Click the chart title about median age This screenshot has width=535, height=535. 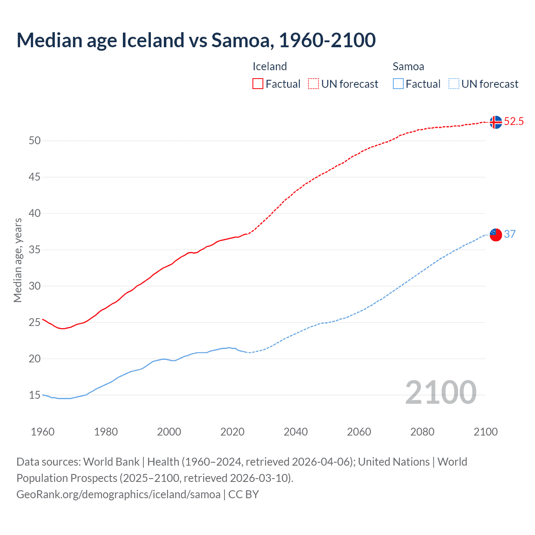(196, 40)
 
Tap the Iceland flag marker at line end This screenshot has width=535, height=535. (496, 122)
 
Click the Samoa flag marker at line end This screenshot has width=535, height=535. (496, 234)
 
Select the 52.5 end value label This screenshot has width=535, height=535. (514, 122)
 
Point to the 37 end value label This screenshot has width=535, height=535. (510, 234)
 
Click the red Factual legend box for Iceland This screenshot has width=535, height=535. (258, 84)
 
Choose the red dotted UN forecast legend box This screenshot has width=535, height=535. (313, 84)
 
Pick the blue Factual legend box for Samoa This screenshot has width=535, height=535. (398, 84)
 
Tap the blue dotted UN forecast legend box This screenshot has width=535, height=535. (454, 84)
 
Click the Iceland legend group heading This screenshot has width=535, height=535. (270, 66)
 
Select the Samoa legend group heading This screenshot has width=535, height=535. (408, 66)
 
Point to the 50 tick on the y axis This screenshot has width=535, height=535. (35, 140)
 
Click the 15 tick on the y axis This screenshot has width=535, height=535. (35, 395)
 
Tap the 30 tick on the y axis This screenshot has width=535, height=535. (35, 286)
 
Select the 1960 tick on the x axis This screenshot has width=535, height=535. (43, 431)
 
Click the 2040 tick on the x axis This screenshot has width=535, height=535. (296, 431)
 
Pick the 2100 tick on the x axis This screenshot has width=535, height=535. (486, 431)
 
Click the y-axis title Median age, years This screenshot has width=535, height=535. (18, 260)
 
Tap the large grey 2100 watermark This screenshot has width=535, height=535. (441, 392)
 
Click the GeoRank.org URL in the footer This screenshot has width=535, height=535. (118, 494)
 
